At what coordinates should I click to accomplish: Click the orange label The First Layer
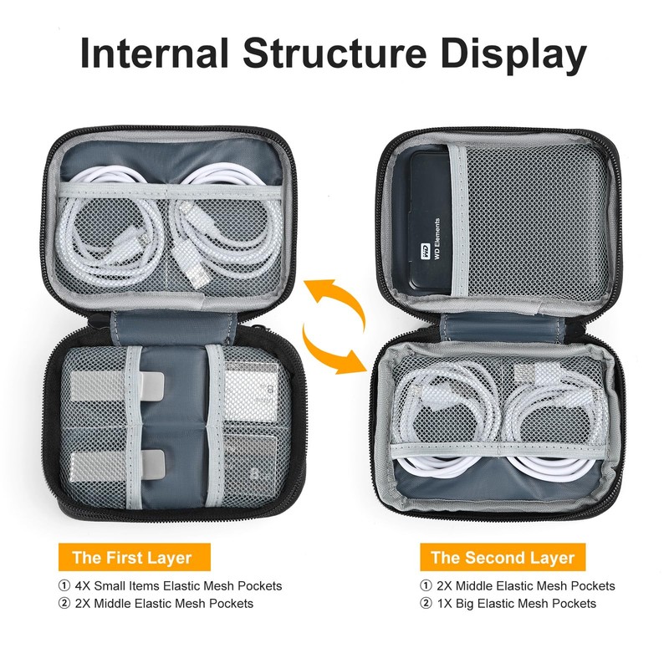click(132, 557)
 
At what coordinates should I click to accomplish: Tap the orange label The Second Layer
click(503, 557)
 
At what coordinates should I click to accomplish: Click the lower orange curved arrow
click(334, 350)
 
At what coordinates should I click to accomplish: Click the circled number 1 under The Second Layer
click(426, 585)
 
